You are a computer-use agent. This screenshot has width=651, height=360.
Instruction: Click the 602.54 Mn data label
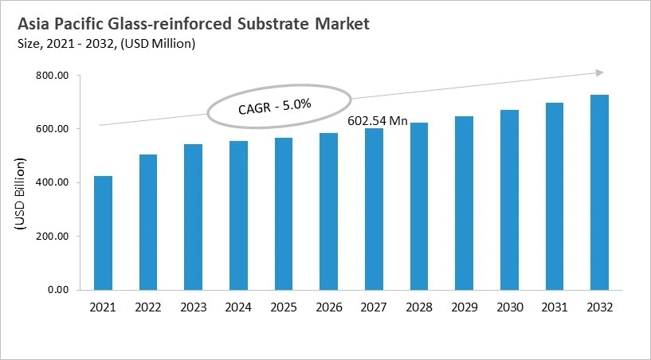378,121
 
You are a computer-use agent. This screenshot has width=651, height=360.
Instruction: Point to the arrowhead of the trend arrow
599,73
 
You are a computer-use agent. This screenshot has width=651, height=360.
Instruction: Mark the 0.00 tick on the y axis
59,290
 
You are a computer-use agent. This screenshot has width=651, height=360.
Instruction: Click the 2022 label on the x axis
147,307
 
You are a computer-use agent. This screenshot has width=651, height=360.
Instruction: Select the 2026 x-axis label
328,307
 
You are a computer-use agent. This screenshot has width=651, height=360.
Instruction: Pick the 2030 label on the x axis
509,307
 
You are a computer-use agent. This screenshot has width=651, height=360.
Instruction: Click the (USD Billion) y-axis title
20,195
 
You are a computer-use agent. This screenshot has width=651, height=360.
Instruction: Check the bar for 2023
193,217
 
